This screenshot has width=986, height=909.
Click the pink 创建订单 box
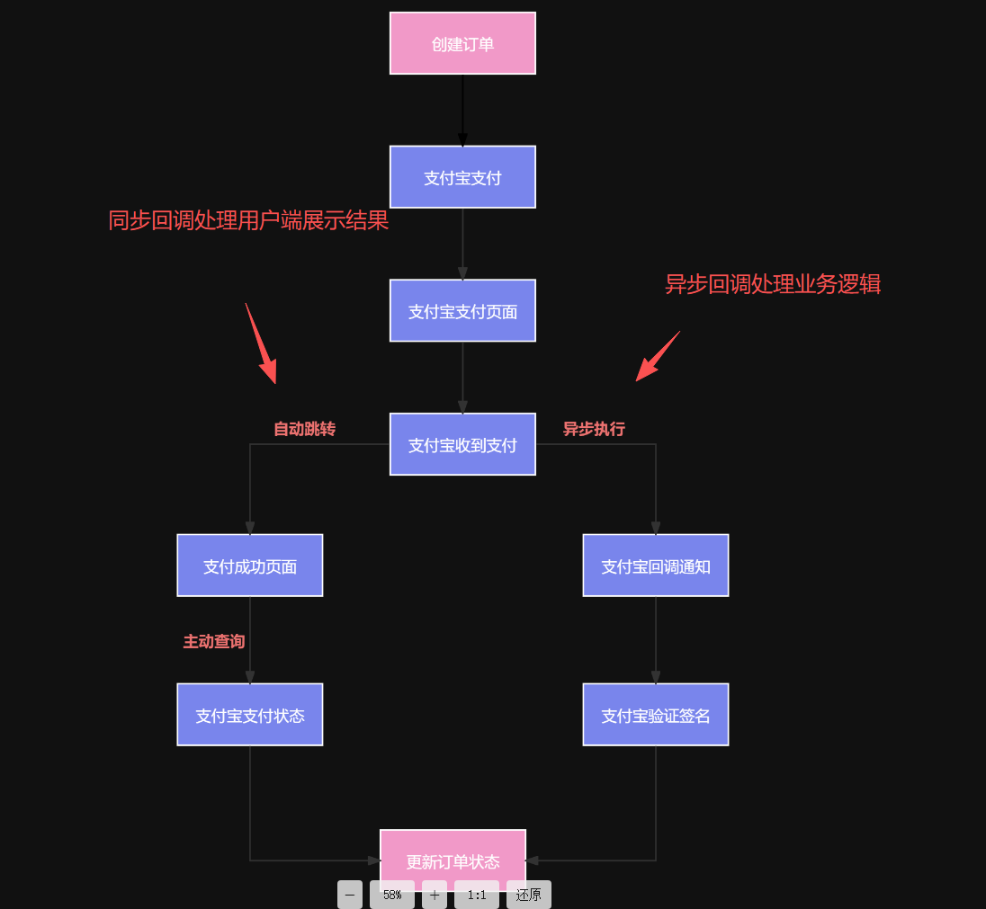point(462,43)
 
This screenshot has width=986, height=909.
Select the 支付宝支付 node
point(462,177)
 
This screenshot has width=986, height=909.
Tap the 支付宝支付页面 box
point(462,311)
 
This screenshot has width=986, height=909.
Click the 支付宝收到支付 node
point(462,444)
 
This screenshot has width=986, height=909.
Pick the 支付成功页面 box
point(250,566)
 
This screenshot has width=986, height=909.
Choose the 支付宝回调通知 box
point(656,566)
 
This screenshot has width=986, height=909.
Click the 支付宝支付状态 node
point(250,715)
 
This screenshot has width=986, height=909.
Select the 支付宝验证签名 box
point(656,715)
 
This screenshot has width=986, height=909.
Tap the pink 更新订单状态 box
point(453,854)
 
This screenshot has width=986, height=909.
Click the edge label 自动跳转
point(304,429)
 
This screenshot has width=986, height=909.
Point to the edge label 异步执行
point(594,429)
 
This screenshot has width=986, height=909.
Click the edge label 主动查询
point(214,641)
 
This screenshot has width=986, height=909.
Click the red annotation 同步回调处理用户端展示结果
point(248,220)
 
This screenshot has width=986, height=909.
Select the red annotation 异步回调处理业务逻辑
point(772,284)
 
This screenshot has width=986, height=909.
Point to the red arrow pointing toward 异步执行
point(658,356)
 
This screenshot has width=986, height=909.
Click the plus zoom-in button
point(435,895)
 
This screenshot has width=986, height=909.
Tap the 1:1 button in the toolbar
point(477,895)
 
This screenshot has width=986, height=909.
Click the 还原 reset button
point(529,895)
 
